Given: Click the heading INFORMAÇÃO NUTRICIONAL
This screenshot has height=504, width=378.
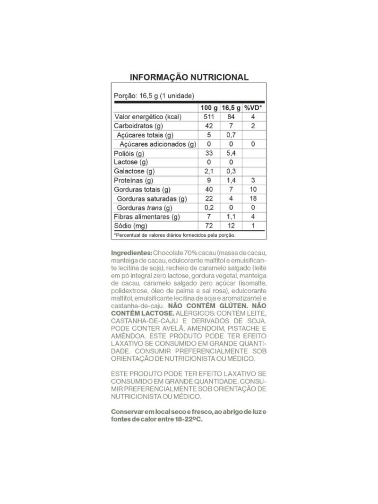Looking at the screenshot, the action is pyautogui.click(x=189, y=77).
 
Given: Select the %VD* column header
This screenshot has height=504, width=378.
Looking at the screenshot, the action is pyautogui.click(x=253, y=108).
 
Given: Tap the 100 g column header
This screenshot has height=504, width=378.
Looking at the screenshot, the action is pyautogui.click(x=208, y=108).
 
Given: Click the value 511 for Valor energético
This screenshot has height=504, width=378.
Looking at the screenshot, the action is pyautogui.click(x=208, y=117).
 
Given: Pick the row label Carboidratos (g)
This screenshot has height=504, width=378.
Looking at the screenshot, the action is pyautogui.click(x=138, y=126).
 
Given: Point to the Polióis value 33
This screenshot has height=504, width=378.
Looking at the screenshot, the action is pyautogui.click(x=208, y=154).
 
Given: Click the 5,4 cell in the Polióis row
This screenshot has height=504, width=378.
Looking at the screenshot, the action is pyautogui.click(x=231, y=154).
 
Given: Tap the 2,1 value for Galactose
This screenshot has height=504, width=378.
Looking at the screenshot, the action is pyautogui.click(x=208, y=172).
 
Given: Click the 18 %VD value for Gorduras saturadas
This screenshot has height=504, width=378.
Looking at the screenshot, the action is pyautogui.click(x=253, y=199).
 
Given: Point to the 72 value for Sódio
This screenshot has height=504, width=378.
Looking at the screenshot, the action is pyautogui.click(x=208, y=226).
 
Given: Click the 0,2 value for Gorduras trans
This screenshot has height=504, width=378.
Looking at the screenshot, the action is pyautogui.click(x=208, y=208).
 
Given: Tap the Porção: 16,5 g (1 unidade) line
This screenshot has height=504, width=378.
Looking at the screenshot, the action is pyautogui.click(x=154, y=95).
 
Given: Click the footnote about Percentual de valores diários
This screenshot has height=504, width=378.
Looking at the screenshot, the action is pyautogui.click(x=174, y=235).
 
